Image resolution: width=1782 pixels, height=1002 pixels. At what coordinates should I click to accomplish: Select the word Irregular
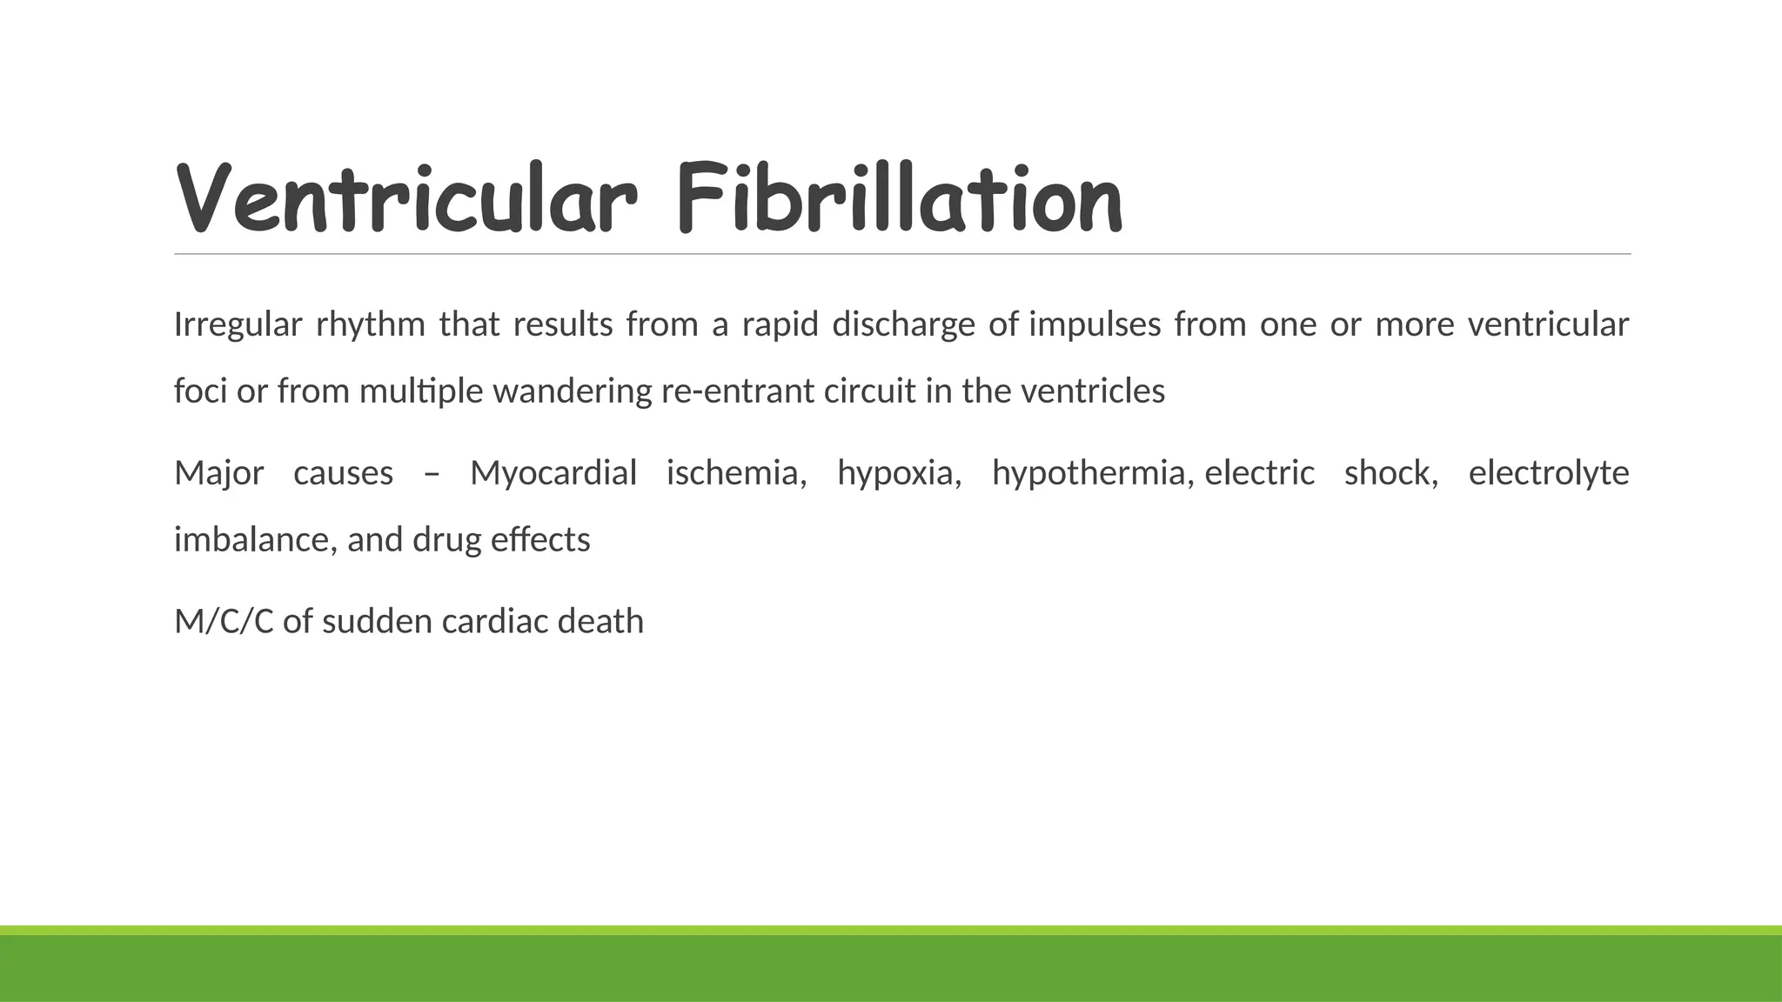[x=238, y=325]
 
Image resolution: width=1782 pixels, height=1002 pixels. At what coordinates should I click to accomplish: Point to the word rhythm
[x=370, y=325]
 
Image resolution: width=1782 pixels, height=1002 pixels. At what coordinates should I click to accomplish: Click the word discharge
[x=903, y=325]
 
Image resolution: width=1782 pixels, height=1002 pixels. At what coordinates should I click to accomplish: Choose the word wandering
[x=572, y=391]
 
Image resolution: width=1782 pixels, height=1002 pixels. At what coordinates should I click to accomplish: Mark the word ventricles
[x=1092, y=391]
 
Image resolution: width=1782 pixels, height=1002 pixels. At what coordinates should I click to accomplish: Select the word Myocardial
[x=553, y=474]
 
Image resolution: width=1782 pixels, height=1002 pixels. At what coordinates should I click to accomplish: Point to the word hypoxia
[x=899, y=474]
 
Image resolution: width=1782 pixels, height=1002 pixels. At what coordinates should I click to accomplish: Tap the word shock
[x=1390, y=474]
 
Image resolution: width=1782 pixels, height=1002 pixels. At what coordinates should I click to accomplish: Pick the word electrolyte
[x=1549, y=474]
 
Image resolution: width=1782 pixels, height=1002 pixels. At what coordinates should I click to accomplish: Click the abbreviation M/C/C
[x=224, y=622]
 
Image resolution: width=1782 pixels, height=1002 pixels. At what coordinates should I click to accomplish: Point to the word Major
[x=218, y=474]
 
